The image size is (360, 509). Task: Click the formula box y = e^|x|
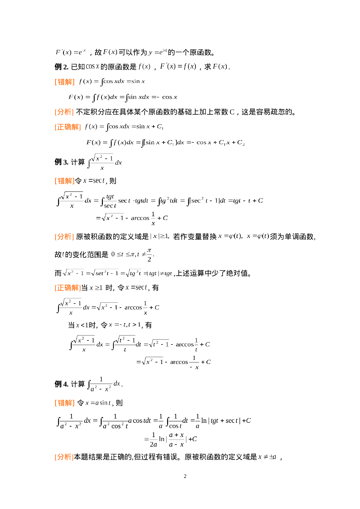(x=158, y=52)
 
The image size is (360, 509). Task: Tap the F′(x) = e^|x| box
(x=71, y=52)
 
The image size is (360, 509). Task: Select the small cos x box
(x=93, y=66)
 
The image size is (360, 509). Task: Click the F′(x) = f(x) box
(x=178, y=66)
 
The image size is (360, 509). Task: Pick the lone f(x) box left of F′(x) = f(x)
(x=144, y=66)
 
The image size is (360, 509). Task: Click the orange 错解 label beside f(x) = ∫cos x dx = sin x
(x=65, y=82)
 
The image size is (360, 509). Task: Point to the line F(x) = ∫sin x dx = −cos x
(x=123, y=97)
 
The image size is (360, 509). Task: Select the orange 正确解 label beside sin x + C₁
(x=68, y=127)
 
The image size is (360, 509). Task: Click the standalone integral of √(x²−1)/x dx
(x=104, y=162)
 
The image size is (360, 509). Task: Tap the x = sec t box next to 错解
(x=94, y=181)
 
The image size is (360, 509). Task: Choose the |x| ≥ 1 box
(x=160, y=236)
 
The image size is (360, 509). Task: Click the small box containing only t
(x=63, y=254)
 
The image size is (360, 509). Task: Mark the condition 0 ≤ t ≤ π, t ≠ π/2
(x=133, y=254)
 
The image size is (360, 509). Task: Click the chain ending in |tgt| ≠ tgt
(x=118, y=273)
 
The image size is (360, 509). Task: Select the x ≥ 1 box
(x=96, y=288)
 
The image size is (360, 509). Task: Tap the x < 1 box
(x=82, y=325)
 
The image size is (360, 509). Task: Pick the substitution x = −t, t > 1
(x=124, y=325)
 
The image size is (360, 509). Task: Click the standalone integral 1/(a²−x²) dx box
(x=103, y=384)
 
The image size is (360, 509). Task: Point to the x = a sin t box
(x=98, y=402)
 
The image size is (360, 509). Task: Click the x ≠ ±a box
(x=267, y=457)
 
